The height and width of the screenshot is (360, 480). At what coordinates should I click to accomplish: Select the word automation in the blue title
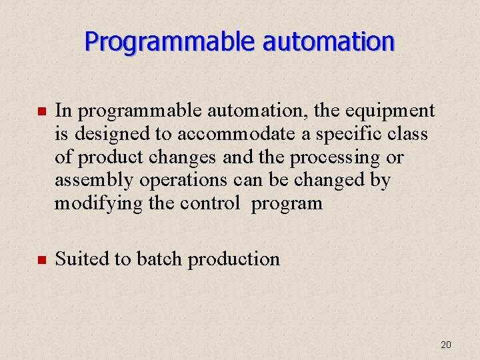click(328, 42)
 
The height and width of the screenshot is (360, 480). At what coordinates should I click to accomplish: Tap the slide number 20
click(446, 345)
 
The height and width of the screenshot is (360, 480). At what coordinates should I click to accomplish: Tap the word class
click(409, 134)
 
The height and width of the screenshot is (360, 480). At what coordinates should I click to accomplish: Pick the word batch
click(160, 259)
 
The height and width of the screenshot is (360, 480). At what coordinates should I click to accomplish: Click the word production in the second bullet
click(233, 259)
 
